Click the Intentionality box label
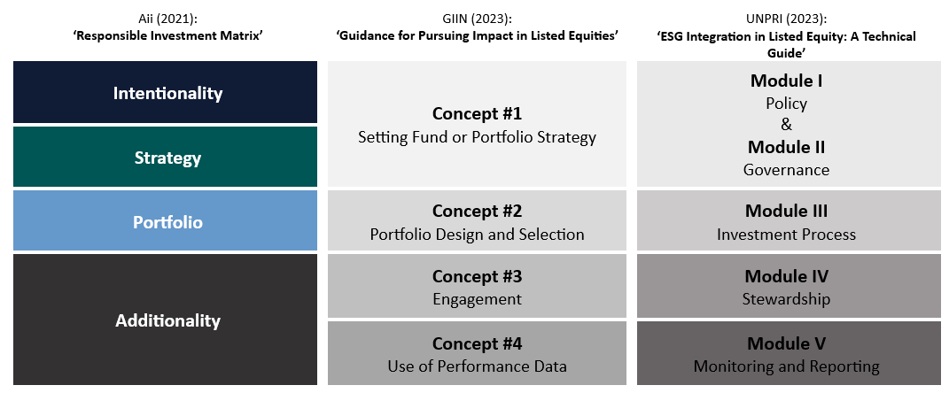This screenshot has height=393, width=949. point(167,93)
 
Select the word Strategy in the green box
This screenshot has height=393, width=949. point(167,158)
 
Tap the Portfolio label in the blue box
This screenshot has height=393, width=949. point(167,222)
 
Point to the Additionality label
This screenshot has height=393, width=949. point(167,320)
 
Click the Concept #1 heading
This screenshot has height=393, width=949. point(477,114)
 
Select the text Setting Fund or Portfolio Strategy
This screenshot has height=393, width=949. point(477,137)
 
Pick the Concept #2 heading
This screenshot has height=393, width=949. point(477,212)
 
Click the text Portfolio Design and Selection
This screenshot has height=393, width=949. point(477,235)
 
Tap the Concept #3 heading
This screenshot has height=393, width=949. point(477,276)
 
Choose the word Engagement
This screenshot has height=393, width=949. point(477,299)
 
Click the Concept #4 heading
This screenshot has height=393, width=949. point(477,343)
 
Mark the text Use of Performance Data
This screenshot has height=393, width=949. point(477,366)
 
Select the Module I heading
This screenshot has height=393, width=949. point(786,81)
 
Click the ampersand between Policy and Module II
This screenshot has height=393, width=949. point(786,125)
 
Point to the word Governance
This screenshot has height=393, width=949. point(786,169)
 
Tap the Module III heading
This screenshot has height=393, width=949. point(786,212)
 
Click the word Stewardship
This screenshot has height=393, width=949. point(786,299)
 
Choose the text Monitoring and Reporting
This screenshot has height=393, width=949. point(786,366)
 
